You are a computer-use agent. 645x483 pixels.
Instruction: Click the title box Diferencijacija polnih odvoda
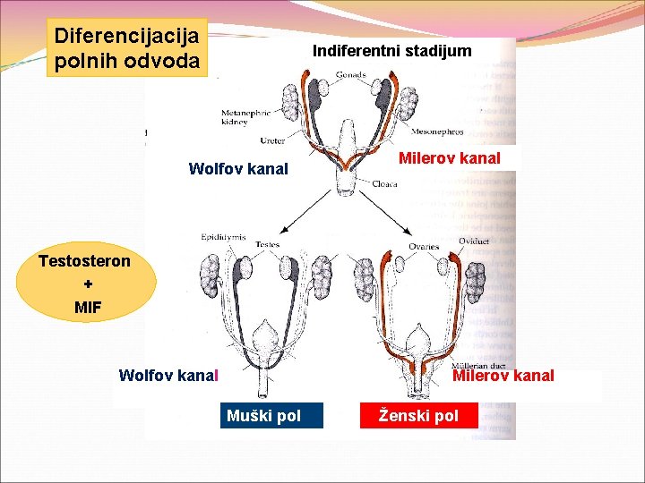129,49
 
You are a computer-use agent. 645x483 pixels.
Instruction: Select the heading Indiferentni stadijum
391,51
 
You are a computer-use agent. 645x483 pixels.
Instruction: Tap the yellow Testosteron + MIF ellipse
85,284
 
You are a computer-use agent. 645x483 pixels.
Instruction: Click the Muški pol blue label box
263,416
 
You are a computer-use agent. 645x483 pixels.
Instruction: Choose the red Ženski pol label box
418,416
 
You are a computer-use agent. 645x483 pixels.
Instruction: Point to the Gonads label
349,76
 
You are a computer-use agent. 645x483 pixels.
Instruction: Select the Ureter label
272,140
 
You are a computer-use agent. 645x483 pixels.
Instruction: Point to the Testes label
268,244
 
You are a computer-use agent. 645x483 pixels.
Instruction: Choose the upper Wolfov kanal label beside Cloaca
238,168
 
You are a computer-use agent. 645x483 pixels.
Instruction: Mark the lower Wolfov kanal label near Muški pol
168,376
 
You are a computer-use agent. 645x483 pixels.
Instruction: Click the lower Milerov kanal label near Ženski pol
503,376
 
